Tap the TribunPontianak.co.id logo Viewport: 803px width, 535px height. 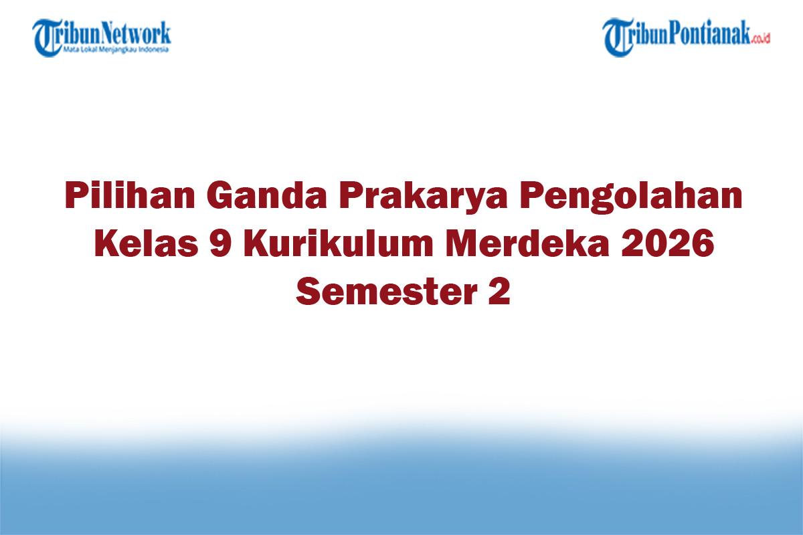click(687, 36)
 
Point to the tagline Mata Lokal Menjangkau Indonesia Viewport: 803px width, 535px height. click(116, 49)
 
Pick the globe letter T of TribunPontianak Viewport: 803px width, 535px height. click(618, 37)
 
